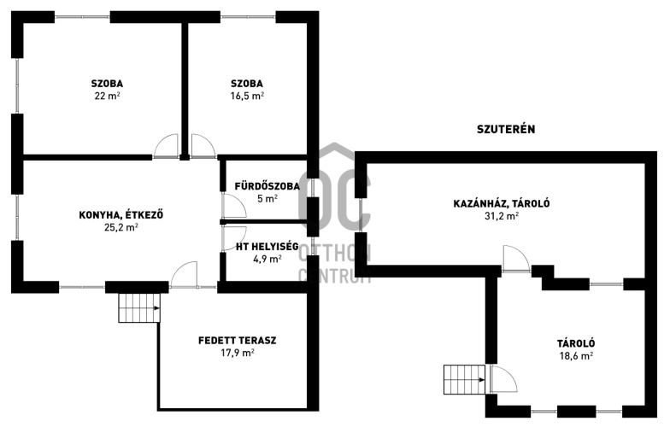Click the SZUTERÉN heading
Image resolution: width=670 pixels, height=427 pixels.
point(506,129)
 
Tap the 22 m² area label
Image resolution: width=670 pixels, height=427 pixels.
point(107,96)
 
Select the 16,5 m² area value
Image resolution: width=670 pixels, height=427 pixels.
point(248,96)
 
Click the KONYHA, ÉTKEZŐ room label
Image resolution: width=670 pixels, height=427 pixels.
point(121,215)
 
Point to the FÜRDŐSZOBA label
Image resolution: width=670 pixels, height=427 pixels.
point(267,186)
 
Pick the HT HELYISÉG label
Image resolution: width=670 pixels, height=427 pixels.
point(267,246)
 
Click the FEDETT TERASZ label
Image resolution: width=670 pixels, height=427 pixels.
point(238,340)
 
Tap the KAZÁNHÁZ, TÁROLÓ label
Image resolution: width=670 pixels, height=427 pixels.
point(502,203)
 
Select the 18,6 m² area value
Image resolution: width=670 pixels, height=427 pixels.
point(576,356)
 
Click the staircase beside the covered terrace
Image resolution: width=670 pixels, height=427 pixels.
point(139,307)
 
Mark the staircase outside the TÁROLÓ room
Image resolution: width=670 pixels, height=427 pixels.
point(465,379)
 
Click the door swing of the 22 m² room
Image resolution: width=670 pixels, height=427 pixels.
point(166,146)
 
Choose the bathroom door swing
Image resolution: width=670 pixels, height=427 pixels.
point(234,206)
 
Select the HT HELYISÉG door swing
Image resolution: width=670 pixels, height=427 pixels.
point(234,237)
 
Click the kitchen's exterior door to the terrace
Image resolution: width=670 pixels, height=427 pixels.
point(184,274)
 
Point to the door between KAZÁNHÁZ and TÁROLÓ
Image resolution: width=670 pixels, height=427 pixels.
point(516,259)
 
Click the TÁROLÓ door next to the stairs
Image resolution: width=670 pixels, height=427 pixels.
point(502,379)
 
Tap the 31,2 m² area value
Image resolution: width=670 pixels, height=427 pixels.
point(502,216)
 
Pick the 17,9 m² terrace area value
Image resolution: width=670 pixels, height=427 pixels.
point(238,353)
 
